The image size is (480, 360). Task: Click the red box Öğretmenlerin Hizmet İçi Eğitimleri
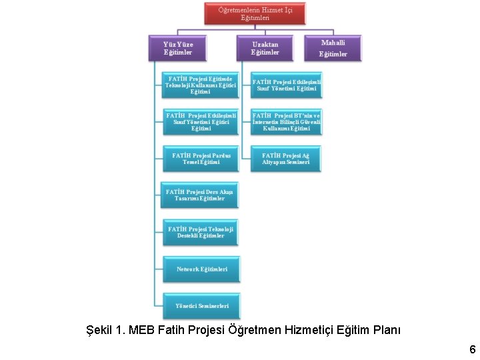click(255, 14)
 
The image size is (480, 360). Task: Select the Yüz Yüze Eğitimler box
click(178, 49)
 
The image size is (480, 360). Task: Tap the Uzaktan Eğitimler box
click(265, 49)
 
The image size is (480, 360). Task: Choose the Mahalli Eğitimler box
click(333, 48)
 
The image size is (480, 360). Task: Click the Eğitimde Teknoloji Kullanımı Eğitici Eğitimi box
click(201, 85)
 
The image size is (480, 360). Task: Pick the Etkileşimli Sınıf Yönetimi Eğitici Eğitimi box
click(201, 122)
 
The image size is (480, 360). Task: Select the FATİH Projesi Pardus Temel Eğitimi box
click(201, 159)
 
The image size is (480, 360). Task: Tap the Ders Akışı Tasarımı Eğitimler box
click(200, 195)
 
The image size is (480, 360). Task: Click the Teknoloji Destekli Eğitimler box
click(201, 232)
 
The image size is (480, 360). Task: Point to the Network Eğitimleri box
click(201, 269)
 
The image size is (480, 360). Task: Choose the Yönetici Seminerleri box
click(201, 306)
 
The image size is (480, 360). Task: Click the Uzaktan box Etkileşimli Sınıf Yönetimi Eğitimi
click(287, 85)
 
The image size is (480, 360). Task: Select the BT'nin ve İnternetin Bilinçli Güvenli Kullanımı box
click(287, 122)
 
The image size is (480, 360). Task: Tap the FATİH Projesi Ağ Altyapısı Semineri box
click(286, 159)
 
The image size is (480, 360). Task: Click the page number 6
click(472, 349)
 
